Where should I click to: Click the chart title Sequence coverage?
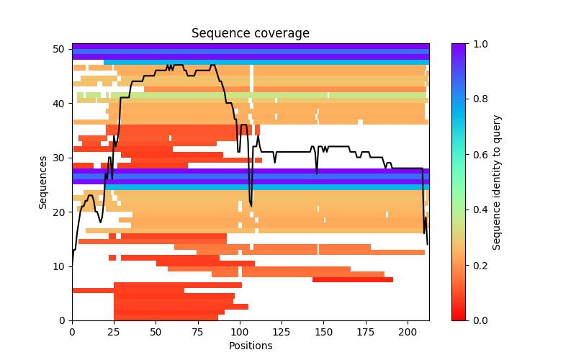[250, 34]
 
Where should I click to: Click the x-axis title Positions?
[250, 346]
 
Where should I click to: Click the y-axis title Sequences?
[43, 182]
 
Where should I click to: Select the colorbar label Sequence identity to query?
[497, 182]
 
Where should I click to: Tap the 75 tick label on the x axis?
[198, 332]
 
